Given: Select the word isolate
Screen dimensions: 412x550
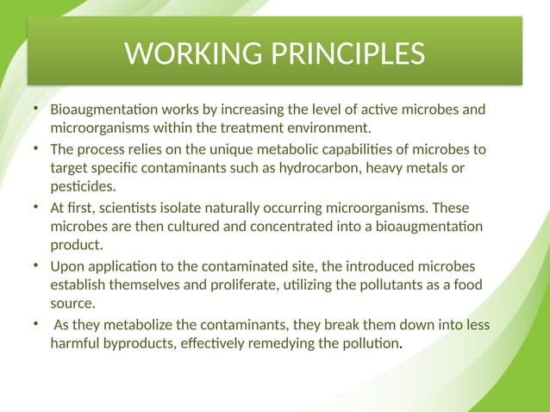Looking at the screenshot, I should pyautogui.click(x=167, y=208).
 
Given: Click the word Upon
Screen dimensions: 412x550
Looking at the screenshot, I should pyautogui.click(x=67, y=265).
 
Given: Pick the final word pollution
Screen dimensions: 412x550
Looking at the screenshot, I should pyautogui.click(x=372, y=342).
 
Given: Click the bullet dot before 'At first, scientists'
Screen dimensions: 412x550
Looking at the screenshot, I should pyautogui.click(x=35, y=208).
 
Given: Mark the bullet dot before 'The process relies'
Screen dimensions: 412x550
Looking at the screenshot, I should pyautogui.click(x=35, y=149).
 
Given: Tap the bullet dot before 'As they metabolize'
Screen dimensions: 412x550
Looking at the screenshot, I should pyautogui.click(x=35, y=324).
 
